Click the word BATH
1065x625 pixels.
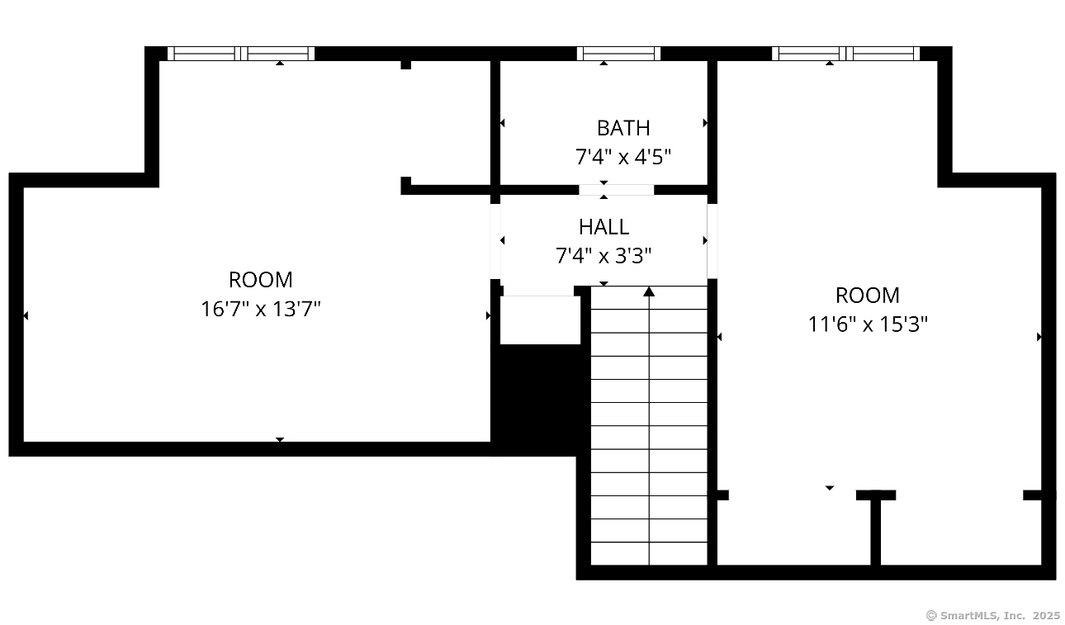point(623,128)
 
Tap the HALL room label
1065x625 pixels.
point(603,227)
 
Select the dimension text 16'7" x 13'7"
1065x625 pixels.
point(261,309)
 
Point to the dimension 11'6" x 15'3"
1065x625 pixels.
point(868,324)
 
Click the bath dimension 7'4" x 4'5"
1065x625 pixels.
point(622,157)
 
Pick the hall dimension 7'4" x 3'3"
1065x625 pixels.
point(603,256)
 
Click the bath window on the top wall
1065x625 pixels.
point(618,54)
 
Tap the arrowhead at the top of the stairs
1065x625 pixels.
point(649,291)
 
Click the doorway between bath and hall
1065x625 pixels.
point(616,190)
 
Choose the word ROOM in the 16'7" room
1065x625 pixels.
point(261,280)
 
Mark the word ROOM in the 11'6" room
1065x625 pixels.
point(868,296)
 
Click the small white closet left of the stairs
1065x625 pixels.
point(540,320)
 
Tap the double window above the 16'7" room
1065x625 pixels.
point(241,54)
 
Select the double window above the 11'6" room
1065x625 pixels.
point(846,54)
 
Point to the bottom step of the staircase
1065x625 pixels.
point(649,554)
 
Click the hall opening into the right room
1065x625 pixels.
point(712,241)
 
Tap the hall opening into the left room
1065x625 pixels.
point(495,242)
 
